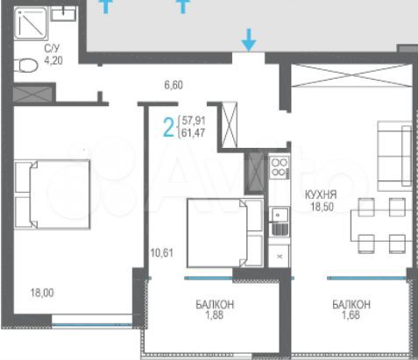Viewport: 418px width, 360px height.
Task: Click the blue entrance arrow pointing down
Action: pyautogui.click(x=250, y=39)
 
